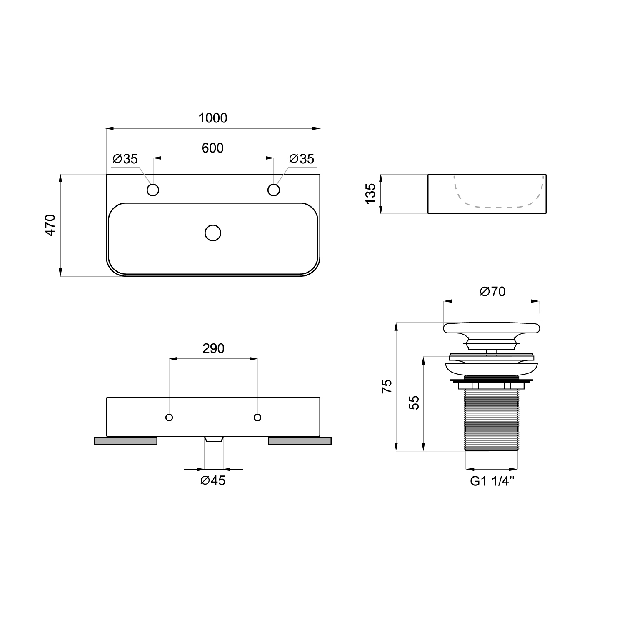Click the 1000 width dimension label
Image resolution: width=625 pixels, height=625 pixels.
pyautogui.click(x=213, y=118)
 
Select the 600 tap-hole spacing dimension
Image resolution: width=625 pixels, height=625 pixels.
pyautogui.click(x=213, y=148)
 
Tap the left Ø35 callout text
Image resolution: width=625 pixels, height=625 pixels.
pyautogui.click(x=125, y=159)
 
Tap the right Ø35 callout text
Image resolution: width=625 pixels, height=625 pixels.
pyautogui.click(x=302, y=159)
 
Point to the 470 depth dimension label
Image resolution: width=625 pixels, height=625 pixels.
pyautogui.click(x=50, y=225)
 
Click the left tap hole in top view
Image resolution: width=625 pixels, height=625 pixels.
pyautogui.click(x=153, y=190)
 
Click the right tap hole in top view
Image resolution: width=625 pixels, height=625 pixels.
pyautogui.click(x=273, y=190)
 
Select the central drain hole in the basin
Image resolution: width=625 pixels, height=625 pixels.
pyautogui.click(x=213, y=233)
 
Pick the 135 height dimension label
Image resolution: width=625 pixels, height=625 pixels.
pyautogui.click(x=370, y=194)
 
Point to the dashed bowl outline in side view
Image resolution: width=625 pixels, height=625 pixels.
pyautogui.click(x=499, y=207)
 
